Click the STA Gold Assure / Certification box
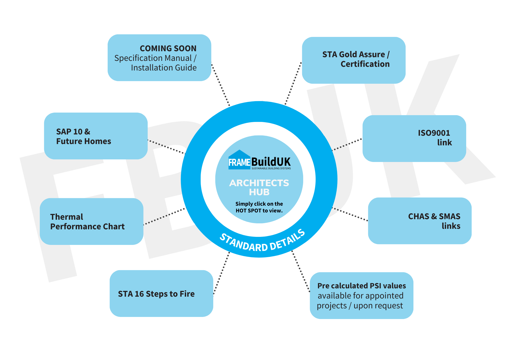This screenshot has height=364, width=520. pos(354,60)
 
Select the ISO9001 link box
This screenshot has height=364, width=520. pos(414,138)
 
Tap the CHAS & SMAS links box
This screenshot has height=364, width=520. pos(420,221)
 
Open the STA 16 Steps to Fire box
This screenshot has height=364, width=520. pos(161,293)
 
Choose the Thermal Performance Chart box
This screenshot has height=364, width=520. pos(92,221)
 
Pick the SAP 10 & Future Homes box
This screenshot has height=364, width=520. pos(96,136)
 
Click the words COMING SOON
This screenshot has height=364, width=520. pos(168,48)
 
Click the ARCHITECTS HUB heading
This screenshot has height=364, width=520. pos(259,187)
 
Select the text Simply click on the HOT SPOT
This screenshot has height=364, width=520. pos(259,207)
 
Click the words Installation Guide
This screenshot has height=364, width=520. pos(164,68)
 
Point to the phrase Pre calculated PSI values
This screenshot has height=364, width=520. pos(361,286)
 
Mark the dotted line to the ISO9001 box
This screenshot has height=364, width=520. pos(347,145)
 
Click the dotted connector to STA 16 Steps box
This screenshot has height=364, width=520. pos(222,273)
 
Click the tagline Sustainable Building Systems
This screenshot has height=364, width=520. pos(271,168)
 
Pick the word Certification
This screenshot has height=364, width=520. pos(365,64)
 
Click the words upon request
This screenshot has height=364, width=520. pos(378,306)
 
